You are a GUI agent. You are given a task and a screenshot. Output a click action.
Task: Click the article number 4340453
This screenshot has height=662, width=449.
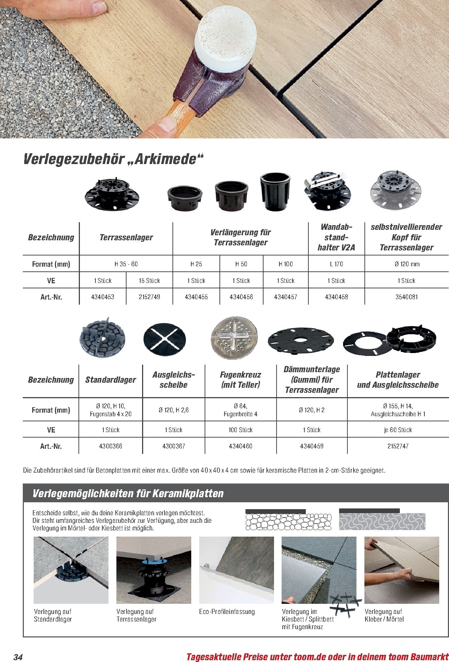click(x=103, y=297)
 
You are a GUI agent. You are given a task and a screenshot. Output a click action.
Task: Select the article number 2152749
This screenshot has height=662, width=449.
click(x=149, y=297)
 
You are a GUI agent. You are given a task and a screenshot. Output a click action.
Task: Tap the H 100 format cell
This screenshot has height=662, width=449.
click(x=286, y=264)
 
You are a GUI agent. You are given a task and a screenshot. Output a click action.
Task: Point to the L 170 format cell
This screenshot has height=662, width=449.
click(x=336, y=264)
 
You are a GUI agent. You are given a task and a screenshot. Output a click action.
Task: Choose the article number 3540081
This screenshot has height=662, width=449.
click(x=406, y=297)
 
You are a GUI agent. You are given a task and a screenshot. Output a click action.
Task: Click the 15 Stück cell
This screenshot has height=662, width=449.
click(x=149, y=281)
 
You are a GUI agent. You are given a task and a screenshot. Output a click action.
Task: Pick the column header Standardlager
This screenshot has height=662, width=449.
click(x=111, y=380)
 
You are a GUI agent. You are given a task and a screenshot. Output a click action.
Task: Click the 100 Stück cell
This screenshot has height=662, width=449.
click(x=240, y=430)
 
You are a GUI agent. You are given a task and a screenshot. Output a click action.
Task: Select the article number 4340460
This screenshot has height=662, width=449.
click(x=240, y=446)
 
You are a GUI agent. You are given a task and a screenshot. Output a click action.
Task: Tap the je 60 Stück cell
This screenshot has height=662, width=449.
click(x=398, y=430)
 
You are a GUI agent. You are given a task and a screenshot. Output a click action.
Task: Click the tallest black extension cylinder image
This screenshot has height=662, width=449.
click(x=275, y=192)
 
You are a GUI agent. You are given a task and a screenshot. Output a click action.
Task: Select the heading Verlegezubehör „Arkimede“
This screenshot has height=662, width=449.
click(x=114, y=159)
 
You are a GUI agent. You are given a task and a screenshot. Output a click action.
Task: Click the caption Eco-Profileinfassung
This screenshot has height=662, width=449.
click(x=227, y=612)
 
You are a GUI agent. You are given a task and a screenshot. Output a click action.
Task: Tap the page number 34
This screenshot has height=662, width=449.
click(x=18, y=657)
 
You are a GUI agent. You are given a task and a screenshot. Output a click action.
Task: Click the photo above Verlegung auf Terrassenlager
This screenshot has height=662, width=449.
click(x=154, y=570)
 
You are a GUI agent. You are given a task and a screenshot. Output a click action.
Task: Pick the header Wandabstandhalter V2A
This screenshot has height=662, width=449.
click(x=336, y=237)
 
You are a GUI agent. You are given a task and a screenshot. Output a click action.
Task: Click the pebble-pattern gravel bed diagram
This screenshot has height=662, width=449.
click(x=288, y=520)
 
